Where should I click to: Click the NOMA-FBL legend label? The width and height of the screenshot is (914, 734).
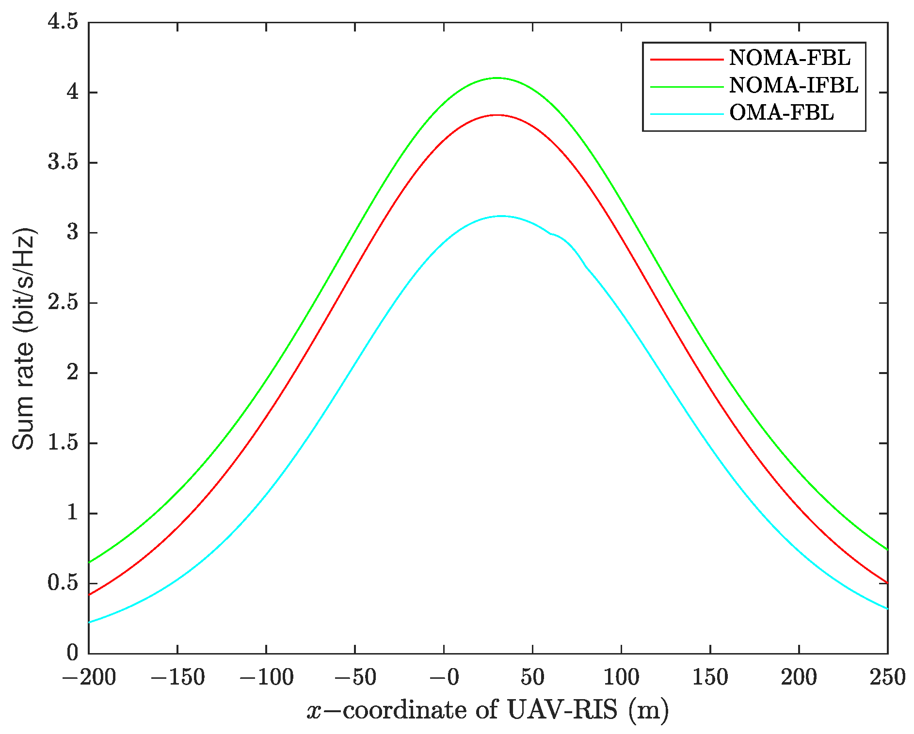pyautogui.click(x=790, y=58)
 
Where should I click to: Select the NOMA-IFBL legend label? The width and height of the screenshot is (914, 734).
pyautogui.click(x=794, y=85)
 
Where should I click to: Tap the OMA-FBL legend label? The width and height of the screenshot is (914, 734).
pyautogui.click(x=781, y=113)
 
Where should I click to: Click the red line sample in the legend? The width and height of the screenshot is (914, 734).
pyautogui.click(x=686, y=59)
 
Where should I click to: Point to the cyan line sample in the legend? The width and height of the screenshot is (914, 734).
pyautogui.click(x=686, y=114)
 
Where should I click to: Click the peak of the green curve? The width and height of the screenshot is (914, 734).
pyautogui.click(x=497, y=78)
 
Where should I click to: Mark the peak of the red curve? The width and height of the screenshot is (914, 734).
pyautogui.click(x=497, y=115)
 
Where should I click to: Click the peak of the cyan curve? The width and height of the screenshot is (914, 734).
pyautogui.click(x=501, y=216)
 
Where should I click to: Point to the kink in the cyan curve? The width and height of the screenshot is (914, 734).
pyautogui.click(x=551, y=234)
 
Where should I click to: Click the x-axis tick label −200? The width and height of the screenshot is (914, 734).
pyautogui.click(x=89, y=677)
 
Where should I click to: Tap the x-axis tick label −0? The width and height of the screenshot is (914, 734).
pyautogui.click(x=444, y=677)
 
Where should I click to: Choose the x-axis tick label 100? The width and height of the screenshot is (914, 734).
pyautogui.click(x=621, y=677)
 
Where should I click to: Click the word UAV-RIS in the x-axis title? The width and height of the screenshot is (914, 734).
pyautogui.click(x=562, y=711)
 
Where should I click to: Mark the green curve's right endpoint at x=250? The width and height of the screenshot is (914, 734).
pyautogui.click(x=887, y=550)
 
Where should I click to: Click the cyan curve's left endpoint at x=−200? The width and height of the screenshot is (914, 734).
pyautogui.click(x=89, y=622)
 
